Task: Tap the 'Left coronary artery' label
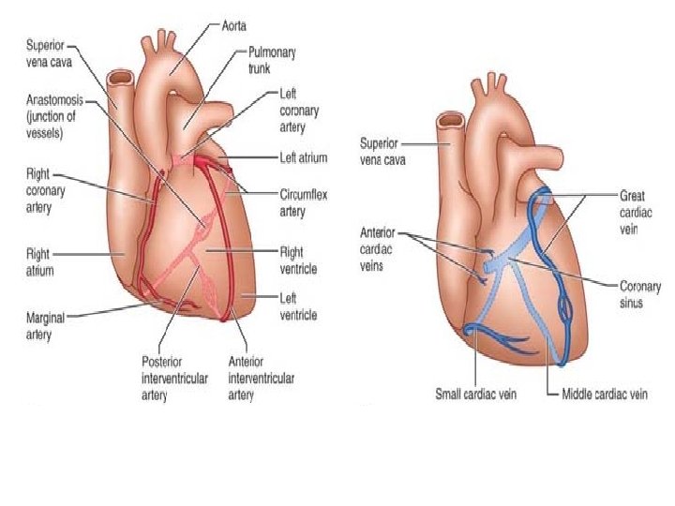299,111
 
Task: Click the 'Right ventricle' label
300,260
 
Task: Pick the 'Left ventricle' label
299,306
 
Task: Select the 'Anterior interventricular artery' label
262,378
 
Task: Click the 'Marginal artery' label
44,323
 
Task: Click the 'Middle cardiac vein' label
604,394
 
